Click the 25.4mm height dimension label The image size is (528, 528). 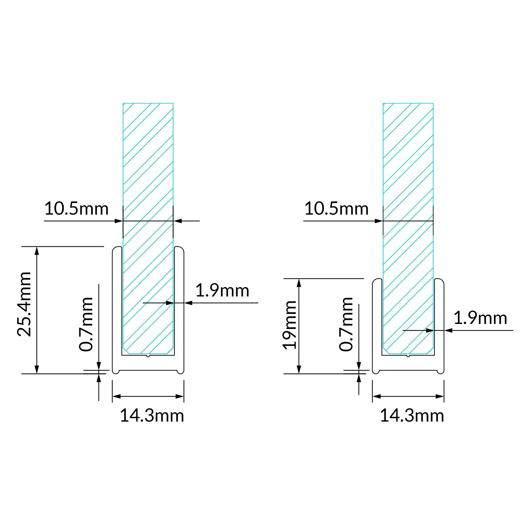(x=24, y=304)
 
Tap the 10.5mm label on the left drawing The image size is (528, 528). (x=77, y=209)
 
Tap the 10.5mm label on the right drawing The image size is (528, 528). (x=336, y=209)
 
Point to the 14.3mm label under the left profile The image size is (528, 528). (x=152, y=416)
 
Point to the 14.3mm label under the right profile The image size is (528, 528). (x=412, y=416)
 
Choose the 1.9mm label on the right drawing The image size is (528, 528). (x=480, y=318)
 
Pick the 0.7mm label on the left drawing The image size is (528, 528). (x=86, y=324)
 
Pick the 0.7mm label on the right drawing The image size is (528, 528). (x=346, y=324)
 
